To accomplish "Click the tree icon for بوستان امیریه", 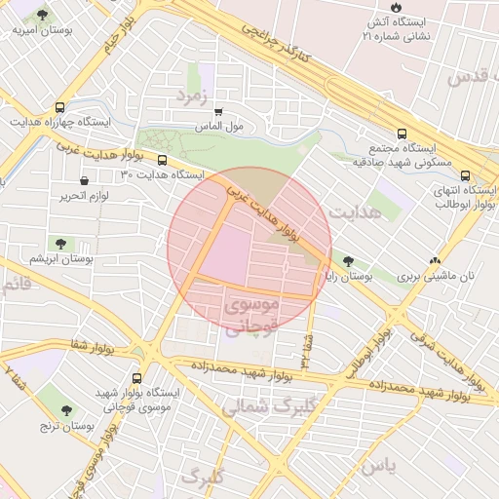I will pyautogui.click(x=43, y=17).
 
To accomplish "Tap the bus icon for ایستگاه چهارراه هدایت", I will pyautogui.click(x=60, y=108).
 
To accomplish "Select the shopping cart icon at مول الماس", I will pyautogui.click(x=218, y=113).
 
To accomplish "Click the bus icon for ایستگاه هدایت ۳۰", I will pyautogui.click(x=162, y=161).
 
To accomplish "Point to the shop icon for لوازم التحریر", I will pyautogui.click(x=85, y=180).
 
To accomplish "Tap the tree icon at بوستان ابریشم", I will pyautogui.click(x=61, y=244).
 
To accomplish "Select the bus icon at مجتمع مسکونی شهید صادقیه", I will pyautogui.click(x=402, y=134).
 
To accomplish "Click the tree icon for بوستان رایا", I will pyautogui.click(x=348, y=261).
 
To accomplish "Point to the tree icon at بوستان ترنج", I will pyautogui.click(x=65, y=410).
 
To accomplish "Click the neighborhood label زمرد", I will pyautogui.click(x=193, y=95).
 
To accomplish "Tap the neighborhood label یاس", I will pyautogui.click(x=377, y=467).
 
